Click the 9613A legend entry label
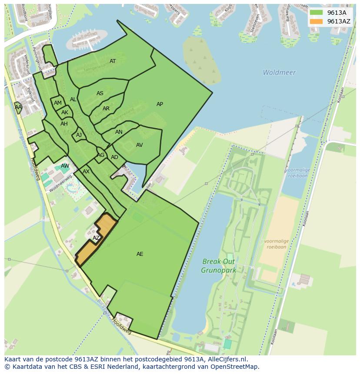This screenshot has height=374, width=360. pos(337,13)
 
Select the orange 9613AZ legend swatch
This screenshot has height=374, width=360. pos(316,21)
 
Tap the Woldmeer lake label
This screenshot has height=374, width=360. pos(279,73)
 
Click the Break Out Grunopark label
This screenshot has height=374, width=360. pos(218,266)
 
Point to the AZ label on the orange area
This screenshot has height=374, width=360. pos(96,238)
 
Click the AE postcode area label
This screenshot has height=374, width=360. pos(140,254)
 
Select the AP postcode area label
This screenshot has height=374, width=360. pos(160,104)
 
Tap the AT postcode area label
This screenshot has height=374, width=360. pos(113,61)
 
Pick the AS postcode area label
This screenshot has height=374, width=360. pos(100,93)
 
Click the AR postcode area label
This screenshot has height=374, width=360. pos(106,109)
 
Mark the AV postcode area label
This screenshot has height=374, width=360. pos(139,145)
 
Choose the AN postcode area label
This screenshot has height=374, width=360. pos(119,132)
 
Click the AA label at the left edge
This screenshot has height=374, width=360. pos(18,107)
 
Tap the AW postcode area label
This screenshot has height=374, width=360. pos(65,166)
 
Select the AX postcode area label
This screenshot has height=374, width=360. pos(86,172)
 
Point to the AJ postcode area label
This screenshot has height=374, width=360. pos(79,135)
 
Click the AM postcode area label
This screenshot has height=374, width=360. pos(58,103)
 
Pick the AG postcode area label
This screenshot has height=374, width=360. pos(101,155)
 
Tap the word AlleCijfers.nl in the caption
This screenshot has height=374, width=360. pos(227,359)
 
